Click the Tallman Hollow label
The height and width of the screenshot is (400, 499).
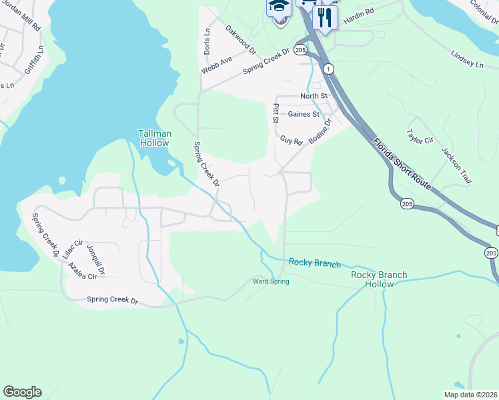(155, 138)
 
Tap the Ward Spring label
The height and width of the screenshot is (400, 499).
(271, 281)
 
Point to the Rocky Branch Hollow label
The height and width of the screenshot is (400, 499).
(378, 279)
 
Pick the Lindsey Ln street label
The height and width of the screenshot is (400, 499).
(466, 59)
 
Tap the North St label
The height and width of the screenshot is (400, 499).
(314, 96)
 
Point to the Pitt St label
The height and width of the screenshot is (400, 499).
(275, 113)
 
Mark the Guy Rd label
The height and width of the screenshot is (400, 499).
(292, 141)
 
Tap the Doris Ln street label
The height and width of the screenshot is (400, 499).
(207, 41)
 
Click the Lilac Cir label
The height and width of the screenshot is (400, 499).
(72, 249)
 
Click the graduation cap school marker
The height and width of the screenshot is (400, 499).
(279, 8)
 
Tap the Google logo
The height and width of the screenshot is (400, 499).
(22, 392)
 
